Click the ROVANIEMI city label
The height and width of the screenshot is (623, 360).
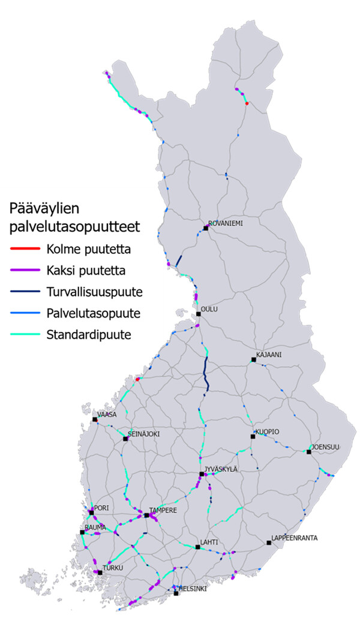226,222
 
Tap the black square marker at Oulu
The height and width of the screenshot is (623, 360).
199,314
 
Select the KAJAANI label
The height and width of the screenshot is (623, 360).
269,354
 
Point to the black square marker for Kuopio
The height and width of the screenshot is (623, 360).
253,437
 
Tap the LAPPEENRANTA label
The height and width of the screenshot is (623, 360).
294,537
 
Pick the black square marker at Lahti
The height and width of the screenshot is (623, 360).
197,547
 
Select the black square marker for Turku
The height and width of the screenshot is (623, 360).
100,573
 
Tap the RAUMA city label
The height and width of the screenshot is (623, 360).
95,527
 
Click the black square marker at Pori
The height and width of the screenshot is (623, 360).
91,512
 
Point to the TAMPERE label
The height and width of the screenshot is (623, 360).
163,510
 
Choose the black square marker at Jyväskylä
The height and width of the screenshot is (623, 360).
202,474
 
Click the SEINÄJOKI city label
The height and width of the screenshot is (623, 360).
145,433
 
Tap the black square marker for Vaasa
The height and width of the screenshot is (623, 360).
95,420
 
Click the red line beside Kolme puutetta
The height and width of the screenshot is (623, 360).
25,248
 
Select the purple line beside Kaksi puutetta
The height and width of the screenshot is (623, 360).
25,270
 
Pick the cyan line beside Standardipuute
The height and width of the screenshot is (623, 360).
25,334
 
